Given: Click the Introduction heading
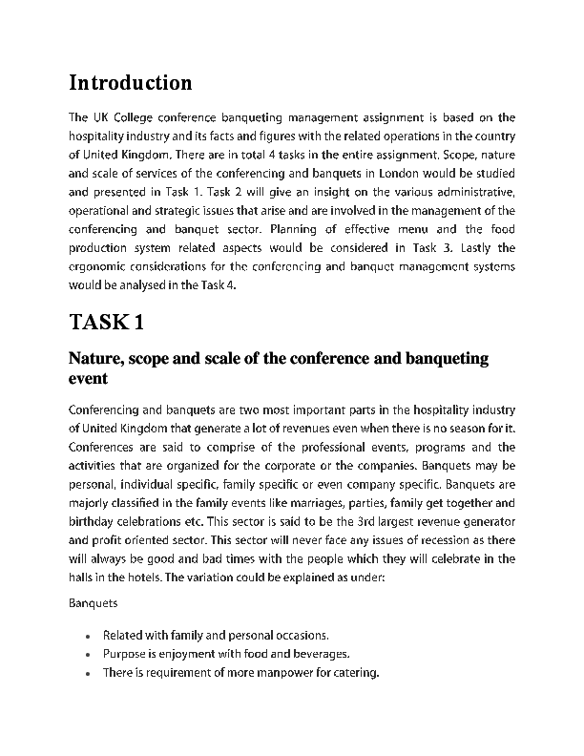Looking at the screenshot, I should pos(130,83).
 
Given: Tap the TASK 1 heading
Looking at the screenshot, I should pos(106,322).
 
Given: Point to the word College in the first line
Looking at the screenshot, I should pos(141,117).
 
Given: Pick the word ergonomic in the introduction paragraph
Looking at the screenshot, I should pos(97,266).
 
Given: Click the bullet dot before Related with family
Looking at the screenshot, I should pos(87,636).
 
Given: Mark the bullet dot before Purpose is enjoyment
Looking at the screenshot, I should pos(87,655).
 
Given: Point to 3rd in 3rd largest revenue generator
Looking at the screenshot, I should pos(348,521).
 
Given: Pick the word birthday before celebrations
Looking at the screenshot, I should pos(95,521).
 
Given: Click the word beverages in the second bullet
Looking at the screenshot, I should pos(321,654).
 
